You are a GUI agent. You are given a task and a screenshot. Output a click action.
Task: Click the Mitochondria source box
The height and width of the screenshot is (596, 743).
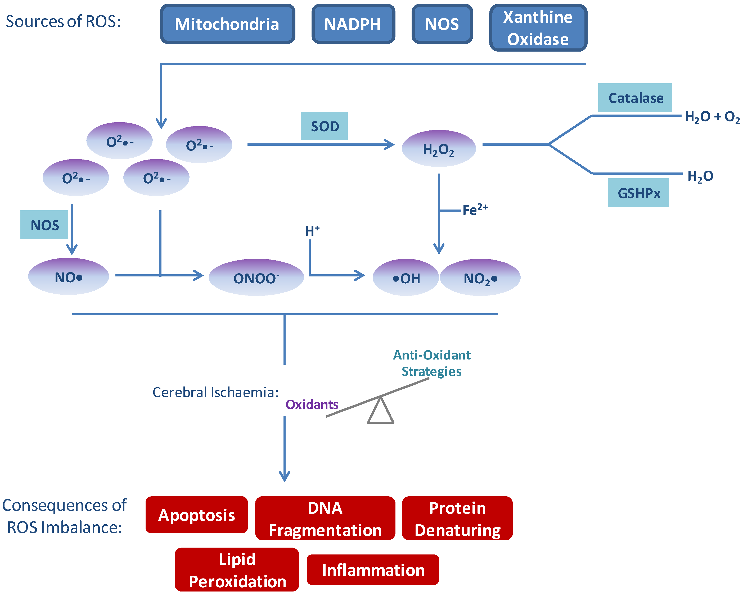tap(227, 24)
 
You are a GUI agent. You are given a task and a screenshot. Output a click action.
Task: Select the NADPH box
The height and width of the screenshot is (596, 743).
tap(353, 24)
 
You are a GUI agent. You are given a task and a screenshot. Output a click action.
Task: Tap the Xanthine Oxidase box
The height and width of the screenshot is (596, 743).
tap(538, 28)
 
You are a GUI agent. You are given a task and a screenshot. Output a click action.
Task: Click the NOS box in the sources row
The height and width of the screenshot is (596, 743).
tap(442, 24)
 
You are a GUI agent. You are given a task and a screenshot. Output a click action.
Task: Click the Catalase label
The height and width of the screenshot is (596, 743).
tap(635, 98)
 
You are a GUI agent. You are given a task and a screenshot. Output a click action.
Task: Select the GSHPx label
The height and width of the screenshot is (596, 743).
tap(638, 193)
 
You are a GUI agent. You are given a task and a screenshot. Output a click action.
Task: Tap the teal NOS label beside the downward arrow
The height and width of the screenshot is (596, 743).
tap(44, 225)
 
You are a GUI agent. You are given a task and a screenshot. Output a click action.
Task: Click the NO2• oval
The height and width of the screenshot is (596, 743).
tap(480, 278)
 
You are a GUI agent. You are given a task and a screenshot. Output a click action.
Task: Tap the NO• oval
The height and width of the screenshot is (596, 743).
tap(68, 277)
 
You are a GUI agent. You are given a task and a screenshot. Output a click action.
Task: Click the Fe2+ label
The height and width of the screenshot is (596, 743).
tap(475, 210)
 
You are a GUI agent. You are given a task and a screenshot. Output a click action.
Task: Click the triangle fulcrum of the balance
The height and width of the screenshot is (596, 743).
tap(380, 412)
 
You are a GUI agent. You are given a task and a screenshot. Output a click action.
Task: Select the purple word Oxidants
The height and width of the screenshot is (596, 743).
tap(312, 404)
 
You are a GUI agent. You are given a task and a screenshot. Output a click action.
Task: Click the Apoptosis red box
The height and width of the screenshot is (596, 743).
tap(196, 515)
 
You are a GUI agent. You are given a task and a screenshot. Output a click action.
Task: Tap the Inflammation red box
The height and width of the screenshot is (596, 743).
tap(373, 570)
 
